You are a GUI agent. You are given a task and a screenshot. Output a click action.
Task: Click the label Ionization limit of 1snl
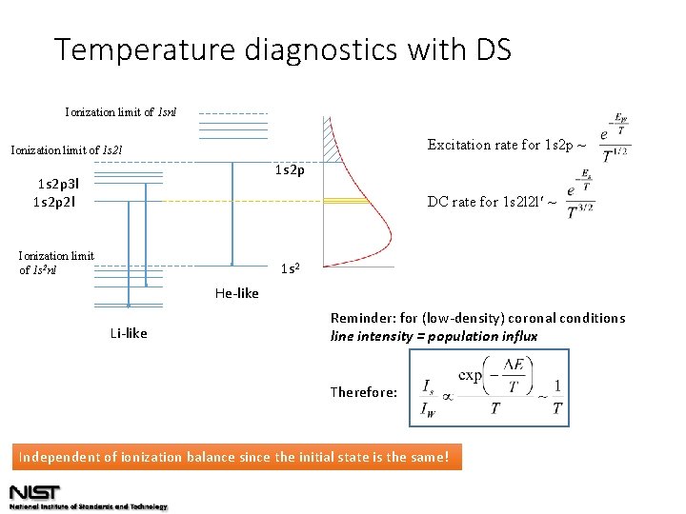click(120, 113)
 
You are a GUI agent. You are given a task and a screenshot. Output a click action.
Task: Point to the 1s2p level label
click(290, 170)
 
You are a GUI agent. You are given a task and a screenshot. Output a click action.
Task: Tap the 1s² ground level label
click(292, 269)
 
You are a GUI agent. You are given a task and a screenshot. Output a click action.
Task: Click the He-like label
click(236, 293)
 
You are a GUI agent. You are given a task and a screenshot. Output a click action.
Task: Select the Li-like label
click(129, 333)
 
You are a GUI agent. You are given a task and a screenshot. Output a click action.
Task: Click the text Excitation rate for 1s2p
click(505, 145)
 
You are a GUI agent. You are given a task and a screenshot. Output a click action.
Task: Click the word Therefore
click(363, 392)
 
